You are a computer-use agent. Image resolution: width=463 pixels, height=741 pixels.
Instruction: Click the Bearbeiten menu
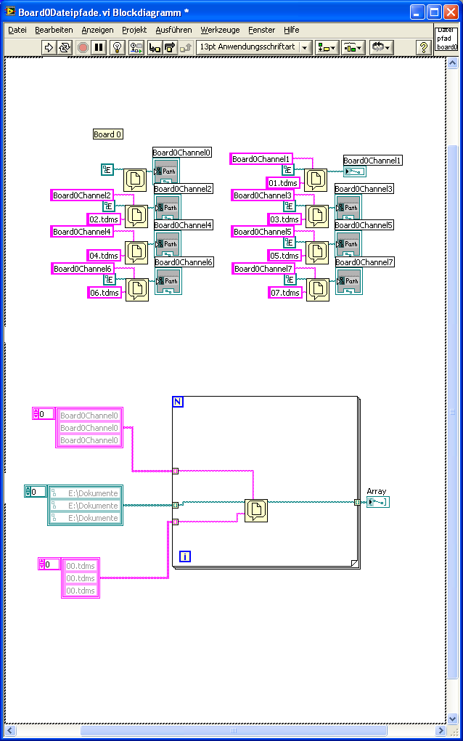pyautogui.click(x=54, y=30)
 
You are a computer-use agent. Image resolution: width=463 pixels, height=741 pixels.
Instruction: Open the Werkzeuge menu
pyautogui.click(x=220, y=30)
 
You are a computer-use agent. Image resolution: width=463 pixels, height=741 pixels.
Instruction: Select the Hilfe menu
pyautogui.click(x=291, y=30)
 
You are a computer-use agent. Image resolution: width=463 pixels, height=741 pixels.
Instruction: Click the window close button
pyautogui.click(x=451, y=12)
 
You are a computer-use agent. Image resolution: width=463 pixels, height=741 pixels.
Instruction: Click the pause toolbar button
pyautogui.click(x=99, y=47)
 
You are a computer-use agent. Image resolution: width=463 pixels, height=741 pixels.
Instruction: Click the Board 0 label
pyautogui.click(x=108, y=134)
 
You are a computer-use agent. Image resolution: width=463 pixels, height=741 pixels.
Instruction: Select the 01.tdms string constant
pyautogui.click(x=284, y=183)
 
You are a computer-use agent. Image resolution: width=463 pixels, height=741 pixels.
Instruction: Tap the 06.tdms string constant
pyautogui.click(x=104, y=292)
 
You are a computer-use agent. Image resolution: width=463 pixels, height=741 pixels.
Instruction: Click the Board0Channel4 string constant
pyautogui.click(x=82, y=232)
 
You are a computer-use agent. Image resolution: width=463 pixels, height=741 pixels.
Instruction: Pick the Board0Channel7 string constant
pyautogui.click(x=263, y=269)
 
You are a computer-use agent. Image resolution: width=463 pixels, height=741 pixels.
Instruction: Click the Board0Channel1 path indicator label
pyautogui.click(x=373, y=161)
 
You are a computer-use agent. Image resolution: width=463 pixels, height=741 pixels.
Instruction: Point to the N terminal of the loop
pyautogui.click(x=178, y=402)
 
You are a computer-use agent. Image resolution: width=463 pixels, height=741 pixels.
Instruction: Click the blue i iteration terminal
pyautogui.click(x=185, y=556)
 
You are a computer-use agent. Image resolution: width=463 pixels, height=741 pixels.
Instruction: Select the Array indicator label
pyautogui.click(x=377, y=492)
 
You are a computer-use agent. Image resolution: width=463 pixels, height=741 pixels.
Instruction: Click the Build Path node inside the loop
pyautogui.click(x=256, y=511)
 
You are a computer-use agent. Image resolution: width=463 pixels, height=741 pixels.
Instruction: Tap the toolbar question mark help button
pyautogui.click(x=424, y=47)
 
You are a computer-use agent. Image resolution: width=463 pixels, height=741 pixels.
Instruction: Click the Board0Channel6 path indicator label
pyautogui.click(x=184, y=262)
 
